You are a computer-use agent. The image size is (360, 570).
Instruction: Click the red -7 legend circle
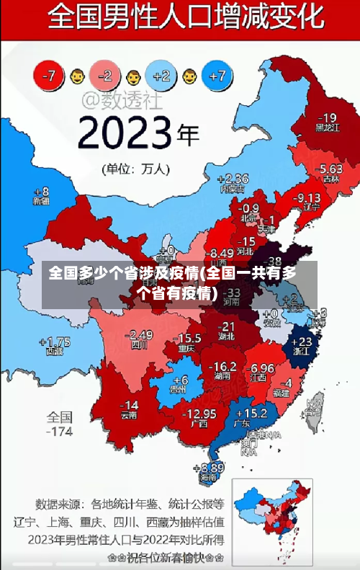49,74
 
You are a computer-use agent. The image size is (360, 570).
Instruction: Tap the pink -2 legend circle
105,74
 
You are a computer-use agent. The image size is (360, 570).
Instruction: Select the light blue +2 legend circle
161,74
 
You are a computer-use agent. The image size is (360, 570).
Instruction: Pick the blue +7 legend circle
218,74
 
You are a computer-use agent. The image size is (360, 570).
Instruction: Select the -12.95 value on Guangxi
199,414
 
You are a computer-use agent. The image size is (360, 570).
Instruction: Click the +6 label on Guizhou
179,380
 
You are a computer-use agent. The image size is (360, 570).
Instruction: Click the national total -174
60,432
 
